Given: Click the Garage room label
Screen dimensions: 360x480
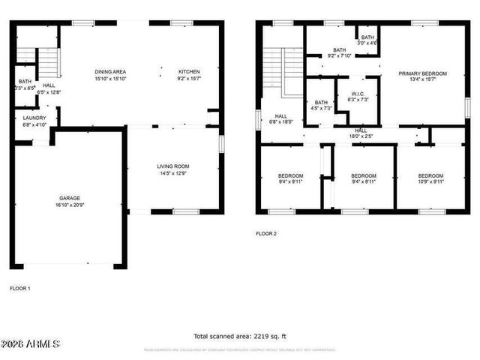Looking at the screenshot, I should pyautogui.click(x=69, y=201).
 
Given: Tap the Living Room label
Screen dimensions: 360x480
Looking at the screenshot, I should pyautogui.click(x=172, y=169).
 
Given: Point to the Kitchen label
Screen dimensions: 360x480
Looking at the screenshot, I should pyautogui.click(x=189, y=75).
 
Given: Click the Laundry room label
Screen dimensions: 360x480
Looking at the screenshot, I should pyautogui.click(x=34, y=121).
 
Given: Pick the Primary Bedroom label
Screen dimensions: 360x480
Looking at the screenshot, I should pyautogui.click(x=422, y=76).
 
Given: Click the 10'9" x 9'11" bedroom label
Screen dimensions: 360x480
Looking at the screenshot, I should pyautogui.click(x=430, y=178).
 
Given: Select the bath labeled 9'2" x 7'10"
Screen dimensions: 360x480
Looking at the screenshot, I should pyautogui.click(x=340, y=52).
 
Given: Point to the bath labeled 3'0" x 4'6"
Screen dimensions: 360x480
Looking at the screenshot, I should pyautogui.click(x=367, y=40).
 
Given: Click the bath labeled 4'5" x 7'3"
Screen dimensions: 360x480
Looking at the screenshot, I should pyautogui.click(x=321, y=105).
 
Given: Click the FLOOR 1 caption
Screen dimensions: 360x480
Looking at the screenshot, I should pyautogui.click(x=20, y=288).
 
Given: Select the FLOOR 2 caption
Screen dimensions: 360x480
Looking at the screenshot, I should pyautogui.click(x=266, y=233).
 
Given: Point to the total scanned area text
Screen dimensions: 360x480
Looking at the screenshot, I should pyautogui.click(x=240, y=336).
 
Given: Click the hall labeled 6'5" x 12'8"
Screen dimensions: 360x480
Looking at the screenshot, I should pyautogui.click(x=49, y=89).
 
